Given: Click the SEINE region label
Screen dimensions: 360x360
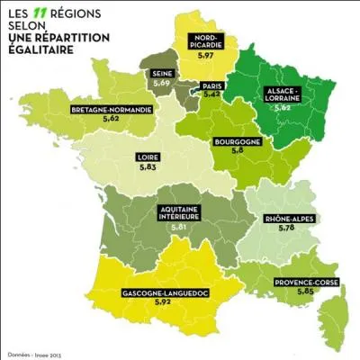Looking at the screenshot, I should point(164,74).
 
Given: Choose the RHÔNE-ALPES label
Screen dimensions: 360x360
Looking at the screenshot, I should point(289,220).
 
